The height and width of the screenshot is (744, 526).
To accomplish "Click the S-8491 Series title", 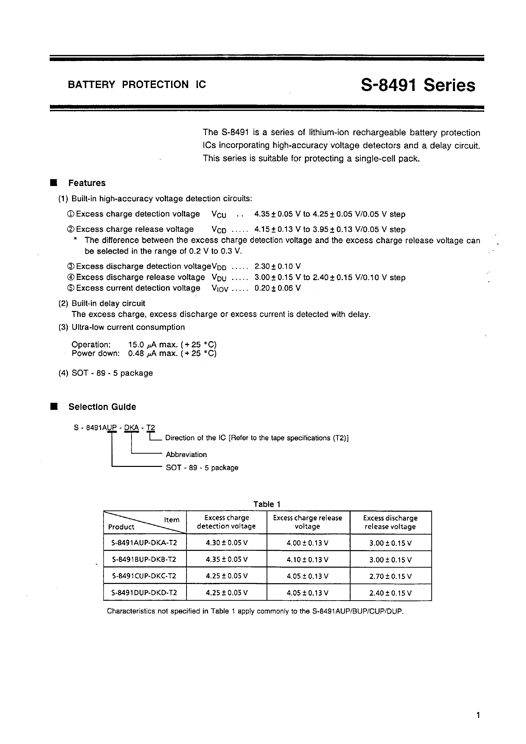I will [418, 85].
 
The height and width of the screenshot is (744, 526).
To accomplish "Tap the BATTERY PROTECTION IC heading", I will [137, 84].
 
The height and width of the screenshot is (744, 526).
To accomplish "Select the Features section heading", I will [87, 183].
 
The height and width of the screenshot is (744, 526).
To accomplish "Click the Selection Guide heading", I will [102, 407].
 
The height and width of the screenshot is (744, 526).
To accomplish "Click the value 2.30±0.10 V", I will [278, 267].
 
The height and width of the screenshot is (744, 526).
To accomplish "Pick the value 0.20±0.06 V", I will [278, 288].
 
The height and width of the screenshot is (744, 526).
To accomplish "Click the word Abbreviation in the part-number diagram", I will [186, 455].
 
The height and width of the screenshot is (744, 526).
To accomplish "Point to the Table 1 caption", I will [267, 504].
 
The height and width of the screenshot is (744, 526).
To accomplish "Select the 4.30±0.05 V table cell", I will [227, 543].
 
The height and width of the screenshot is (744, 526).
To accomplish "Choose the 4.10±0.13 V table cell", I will [308, 560].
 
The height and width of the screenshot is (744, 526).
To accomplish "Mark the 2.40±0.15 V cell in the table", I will [391, 593].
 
